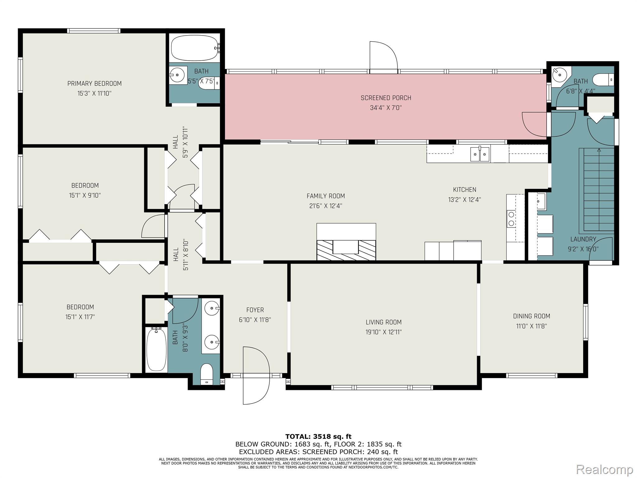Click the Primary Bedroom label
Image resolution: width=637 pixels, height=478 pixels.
95,83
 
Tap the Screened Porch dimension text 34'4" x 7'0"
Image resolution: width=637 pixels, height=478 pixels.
386,108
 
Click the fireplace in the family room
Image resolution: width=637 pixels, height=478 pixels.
346,241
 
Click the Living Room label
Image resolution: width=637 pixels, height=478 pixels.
384,322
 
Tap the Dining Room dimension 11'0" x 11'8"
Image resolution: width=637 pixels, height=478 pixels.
532,326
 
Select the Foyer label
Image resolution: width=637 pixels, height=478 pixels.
255,310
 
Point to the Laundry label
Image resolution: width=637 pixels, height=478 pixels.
583,239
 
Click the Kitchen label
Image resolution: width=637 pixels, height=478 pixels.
465,190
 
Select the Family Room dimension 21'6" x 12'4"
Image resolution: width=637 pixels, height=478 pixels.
326,206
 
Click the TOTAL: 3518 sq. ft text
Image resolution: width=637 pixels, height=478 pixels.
318,437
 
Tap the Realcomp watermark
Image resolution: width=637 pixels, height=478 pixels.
605,469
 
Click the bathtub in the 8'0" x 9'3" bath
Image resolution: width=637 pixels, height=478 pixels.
156,350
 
